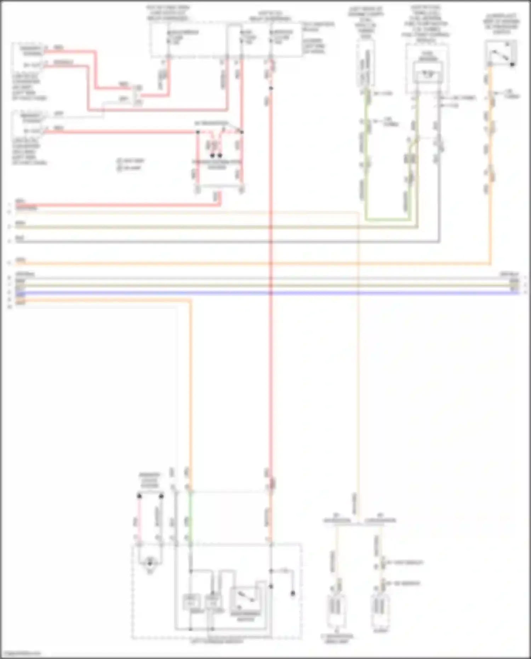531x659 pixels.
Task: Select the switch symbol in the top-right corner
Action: coord(501,54)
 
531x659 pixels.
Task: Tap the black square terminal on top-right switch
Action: coord(512,64)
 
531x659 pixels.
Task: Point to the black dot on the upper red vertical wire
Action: coord(271,88)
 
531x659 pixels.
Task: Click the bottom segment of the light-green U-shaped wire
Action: coord(387,220)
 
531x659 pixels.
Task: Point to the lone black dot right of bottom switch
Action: coord(293,593)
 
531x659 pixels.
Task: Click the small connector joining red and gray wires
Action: coord(138,96)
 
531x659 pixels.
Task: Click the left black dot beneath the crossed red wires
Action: coord(212,155)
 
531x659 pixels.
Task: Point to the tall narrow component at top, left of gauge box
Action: coord(366,64)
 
